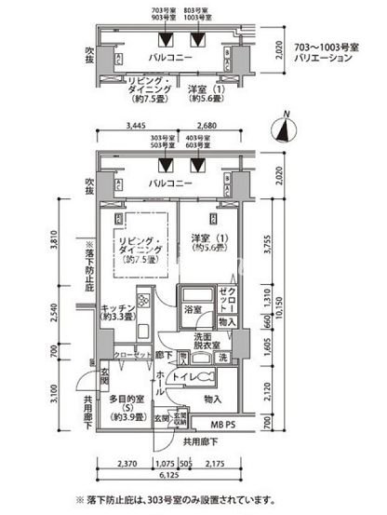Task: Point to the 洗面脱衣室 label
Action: coord(207,341)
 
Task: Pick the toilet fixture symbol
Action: coord(207,379)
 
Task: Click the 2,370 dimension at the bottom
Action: coord(127,463)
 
